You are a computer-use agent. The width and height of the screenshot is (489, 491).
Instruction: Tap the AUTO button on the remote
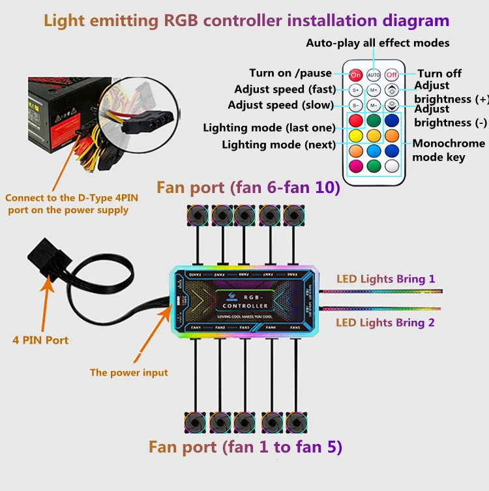point(373,74)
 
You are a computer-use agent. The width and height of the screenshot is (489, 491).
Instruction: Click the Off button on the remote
point(391,74)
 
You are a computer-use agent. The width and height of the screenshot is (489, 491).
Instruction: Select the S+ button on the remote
point(355,90)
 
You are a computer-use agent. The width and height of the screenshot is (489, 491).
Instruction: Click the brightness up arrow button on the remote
point(391,90)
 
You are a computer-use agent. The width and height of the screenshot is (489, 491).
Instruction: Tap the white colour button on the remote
point(391,166)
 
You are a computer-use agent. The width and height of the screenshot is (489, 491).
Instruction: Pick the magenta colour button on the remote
point(355,166)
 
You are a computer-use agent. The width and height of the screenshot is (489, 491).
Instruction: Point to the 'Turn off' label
point(439,74)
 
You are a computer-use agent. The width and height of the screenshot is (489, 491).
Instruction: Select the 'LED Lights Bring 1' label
point(385,279)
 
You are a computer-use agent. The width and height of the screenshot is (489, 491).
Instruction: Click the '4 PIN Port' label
point(40,340)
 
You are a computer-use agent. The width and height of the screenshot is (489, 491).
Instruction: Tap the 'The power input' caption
point(128,372)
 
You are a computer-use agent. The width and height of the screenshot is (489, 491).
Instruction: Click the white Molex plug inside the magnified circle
point(150,118)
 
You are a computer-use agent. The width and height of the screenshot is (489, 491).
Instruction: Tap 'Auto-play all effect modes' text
point(378,43)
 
